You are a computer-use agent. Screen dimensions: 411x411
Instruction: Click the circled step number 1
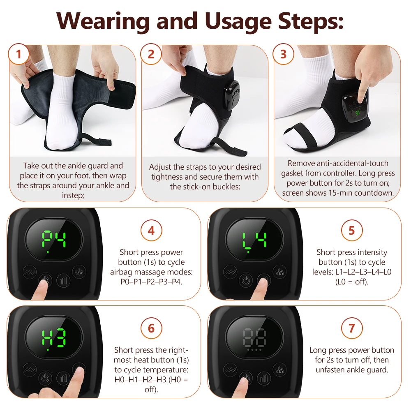tap(18, 54)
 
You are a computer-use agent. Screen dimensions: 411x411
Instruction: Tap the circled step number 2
tap(151, 54)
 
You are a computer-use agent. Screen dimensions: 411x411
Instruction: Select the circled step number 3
tap(283, 54)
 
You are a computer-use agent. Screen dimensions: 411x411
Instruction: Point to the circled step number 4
tap(151, 231)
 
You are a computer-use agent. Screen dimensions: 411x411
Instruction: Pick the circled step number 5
tap(352, 231)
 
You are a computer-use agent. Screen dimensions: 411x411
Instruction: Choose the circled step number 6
tap(151, 328)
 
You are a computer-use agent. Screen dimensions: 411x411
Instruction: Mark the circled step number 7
tap(352, 328)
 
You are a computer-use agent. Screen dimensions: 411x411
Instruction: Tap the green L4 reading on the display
tap(254, 240)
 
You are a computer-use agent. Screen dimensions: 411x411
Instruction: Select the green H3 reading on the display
tap(54, 337)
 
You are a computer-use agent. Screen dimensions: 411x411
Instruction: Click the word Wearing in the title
tap(103, 21)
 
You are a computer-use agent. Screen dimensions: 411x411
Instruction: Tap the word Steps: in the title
tap(311, 21)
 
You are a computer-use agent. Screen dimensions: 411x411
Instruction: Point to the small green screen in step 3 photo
tap(358, 113)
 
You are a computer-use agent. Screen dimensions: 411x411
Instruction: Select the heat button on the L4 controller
tap(279, 272)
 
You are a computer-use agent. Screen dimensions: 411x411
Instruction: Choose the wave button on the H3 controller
tap(29, 370)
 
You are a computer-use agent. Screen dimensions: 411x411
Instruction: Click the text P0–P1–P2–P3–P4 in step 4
tap(151, 282)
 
